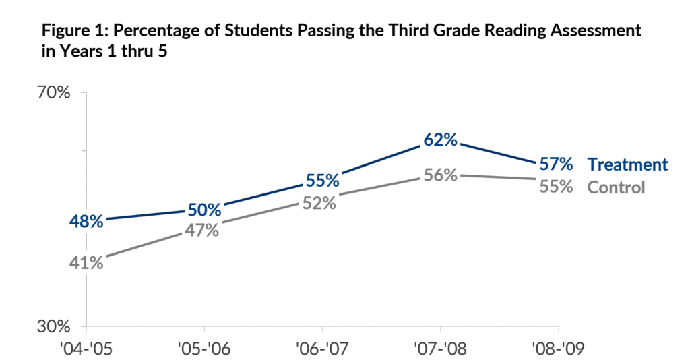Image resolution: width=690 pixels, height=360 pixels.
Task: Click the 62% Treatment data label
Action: click(441, 140)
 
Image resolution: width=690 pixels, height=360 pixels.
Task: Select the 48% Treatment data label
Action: click(86, 221)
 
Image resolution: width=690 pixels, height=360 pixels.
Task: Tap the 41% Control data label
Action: click(86, 263)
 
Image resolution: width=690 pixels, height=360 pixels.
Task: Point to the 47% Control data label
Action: click(202, 230)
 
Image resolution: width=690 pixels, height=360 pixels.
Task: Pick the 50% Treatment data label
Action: click(205, 210)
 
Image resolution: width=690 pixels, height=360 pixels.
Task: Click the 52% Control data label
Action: click(319, 203)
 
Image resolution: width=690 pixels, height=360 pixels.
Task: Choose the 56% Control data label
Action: click(441, 175)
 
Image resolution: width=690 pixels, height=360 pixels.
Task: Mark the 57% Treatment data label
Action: click(556, 164)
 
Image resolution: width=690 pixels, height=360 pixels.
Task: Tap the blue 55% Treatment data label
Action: click(323, 181)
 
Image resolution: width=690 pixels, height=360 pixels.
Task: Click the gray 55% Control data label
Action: click(556, 187)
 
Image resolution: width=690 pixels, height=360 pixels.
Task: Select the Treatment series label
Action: click(628, 164)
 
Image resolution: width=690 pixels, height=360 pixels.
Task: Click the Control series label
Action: click(616, 187)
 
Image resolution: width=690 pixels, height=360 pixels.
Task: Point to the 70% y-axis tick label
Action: click(54, 93)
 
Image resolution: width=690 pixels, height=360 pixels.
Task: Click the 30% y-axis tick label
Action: click(54, 326)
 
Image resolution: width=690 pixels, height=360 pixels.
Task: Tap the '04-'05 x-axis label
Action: click(86, 349)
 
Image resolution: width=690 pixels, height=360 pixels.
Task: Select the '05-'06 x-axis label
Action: click(204, 349)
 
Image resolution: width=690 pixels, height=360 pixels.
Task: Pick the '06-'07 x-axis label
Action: click(323, 349)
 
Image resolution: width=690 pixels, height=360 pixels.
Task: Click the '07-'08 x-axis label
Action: click(441, 349)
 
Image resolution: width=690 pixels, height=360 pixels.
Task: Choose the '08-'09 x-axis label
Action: click(559, 349)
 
